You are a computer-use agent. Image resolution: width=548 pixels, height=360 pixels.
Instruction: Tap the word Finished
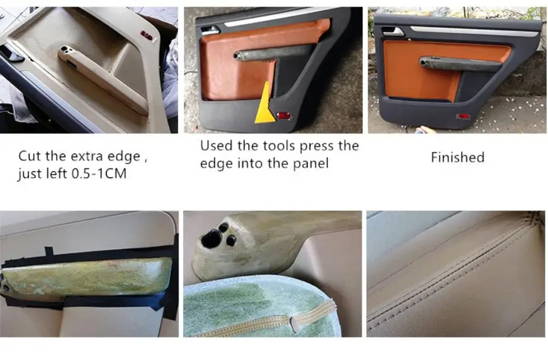[457, 157]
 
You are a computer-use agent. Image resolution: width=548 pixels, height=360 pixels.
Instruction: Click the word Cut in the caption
[29, 156]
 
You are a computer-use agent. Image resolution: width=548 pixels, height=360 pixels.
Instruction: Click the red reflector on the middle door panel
[283, 116]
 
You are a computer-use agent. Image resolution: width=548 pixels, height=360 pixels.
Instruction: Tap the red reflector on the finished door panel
[463, 116]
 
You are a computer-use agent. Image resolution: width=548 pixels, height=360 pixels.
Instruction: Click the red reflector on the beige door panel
[146, 35]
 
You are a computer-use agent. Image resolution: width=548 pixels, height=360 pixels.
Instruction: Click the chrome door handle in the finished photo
[393, 32]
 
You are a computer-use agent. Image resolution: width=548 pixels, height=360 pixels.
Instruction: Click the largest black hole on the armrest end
[212, 239]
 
